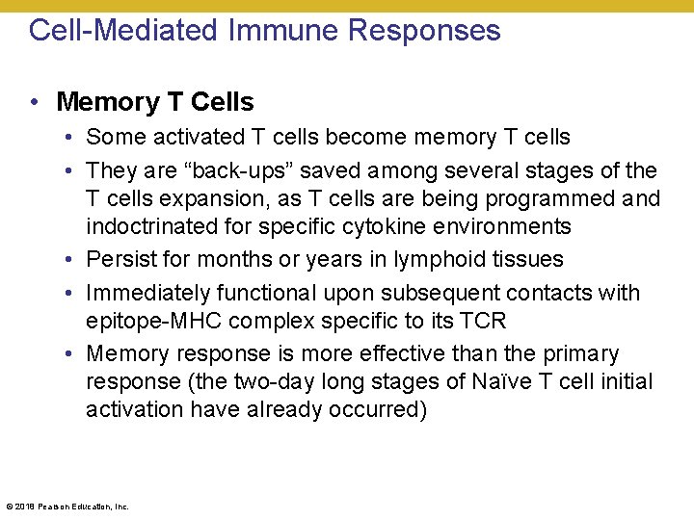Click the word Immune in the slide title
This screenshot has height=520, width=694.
(x=285, y=30)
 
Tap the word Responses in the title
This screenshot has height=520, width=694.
(x=424, y=30)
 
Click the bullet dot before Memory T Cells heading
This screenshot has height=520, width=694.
(x=34, y=102)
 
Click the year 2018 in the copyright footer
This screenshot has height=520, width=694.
(x=26, y=507)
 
